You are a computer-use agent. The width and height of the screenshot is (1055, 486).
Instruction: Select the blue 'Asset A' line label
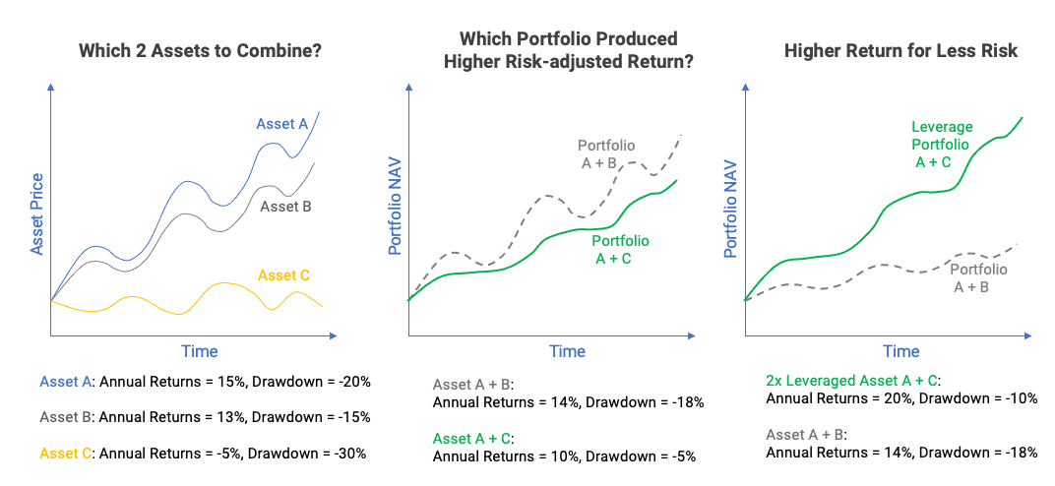pyautogui.click(x=282, y=124)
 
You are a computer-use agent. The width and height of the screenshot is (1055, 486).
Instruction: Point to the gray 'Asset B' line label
pyautogui.click(x=285, y=207)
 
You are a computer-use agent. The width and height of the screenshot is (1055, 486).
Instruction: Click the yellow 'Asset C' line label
pyautogui.click(x=283, y=275)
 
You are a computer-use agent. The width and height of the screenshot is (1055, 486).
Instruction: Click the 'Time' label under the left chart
pyautogui.click(x=199, y=351)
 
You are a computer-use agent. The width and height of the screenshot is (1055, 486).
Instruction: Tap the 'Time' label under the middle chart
pyautogui.click(x=567, y=351)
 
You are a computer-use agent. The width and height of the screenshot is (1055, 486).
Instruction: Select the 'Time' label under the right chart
pyautogui.click(x=900, y=351)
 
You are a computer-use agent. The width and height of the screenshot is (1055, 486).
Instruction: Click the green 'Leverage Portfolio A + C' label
pyautogui.click(x=942, y=145)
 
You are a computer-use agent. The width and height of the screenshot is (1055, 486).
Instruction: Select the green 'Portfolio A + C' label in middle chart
pyautogui.click(x=620, y=249)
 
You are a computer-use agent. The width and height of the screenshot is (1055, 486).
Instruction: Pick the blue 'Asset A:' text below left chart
pyautogui.click(x=68, y=381)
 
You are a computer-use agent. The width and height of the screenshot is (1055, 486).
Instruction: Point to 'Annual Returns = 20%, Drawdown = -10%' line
pyautogui.click(x=900, y=398)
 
